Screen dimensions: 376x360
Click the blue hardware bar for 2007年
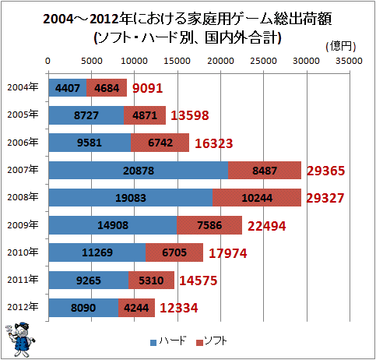point(139,171)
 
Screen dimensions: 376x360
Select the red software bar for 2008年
point(257,198)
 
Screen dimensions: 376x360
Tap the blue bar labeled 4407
point(68,88)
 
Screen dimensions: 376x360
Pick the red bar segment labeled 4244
point(136,308)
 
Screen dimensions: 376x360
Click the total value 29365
point(326,171)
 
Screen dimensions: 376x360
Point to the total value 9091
point(148,88)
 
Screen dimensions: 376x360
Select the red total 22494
point(267,226)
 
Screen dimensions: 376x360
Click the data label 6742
point(160,143)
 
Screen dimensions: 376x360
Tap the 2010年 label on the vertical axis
point(23,252)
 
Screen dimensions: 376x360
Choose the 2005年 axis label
point(23,115)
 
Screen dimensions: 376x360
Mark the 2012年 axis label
point(23,307)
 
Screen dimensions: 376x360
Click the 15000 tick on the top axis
point(177,61)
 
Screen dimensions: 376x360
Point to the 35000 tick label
point(349,61)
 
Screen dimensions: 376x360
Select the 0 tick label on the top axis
point(47,61)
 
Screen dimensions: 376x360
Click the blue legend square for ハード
point(153,343)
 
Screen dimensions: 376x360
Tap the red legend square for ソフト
point(199,343)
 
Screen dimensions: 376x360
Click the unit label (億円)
point(341,46)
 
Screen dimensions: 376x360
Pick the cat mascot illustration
point(19,340)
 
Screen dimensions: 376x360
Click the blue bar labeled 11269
point(97,252)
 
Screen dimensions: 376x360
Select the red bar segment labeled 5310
point(151,280)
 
